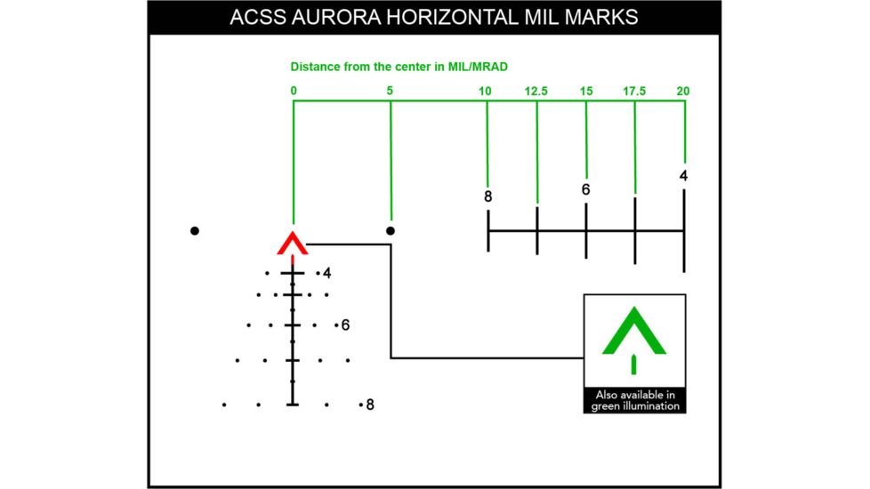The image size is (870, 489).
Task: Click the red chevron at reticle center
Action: click(293, 242)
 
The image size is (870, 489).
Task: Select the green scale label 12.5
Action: click(536, 91)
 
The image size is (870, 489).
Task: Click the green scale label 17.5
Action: click(634, 91)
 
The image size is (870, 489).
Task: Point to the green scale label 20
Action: click(682, 91)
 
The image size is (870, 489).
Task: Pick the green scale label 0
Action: click(294, 91)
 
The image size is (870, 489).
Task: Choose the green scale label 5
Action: click(390, 91)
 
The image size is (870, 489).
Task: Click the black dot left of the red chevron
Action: click(195, 231)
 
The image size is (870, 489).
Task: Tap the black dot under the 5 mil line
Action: click(390, 231)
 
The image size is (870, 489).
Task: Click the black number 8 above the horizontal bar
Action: click(488, 196)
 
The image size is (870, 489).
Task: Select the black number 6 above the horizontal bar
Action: click(585, 189)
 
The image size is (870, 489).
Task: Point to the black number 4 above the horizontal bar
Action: click(683, 175)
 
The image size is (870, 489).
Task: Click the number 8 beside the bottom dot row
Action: click(370, 405)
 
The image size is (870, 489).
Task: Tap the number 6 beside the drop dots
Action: click(345, 325)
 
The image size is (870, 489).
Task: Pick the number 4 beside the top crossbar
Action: click(327, 273)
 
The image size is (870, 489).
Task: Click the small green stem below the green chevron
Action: click(633, 364)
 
